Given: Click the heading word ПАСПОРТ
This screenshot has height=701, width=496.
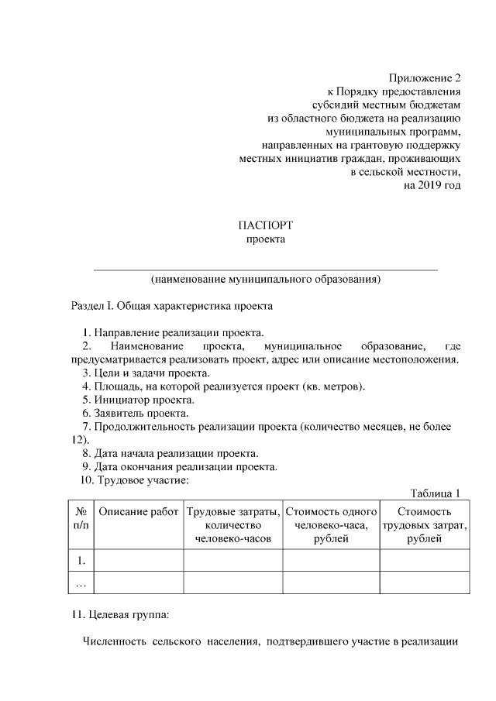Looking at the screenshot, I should (266, 225).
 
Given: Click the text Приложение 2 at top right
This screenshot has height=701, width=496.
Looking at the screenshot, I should (425, 78).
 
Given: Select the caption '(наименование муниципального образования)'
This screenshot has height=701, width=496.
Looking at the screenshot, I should (265, 277).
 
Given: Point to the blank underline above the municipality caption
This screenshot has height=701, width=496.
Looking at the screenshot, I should (265, 269).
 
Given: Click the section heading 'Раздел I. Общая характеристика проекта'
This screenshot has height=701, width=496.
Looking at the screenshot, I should (172, 306).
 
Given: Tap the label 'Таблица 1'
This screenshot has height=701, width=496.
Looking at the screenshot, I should (436, 493).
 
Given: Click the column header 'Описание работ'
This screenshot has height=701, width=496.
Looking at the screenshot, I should (138, 512).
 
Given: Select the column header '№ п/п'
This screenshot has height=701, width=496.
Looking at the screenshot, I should (81, 518).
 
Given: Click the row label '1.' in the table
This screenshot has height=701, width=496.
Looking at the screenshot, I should (81, 559).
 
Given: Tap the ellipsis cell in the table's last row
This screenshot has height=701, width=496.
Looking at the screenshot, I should (81, 582).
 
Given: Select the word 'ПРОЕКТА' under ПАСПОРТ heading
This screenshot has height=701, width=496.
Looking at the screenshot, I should (266, 239).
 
